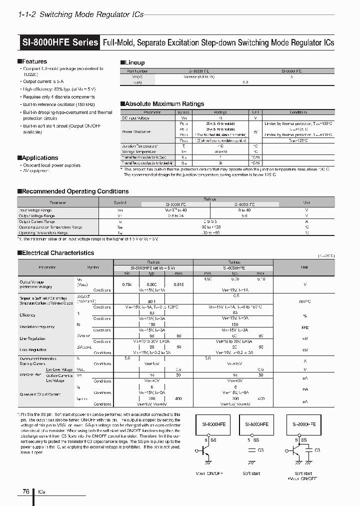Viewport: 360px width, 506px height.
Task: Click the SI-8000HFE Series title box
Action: click(60, 42)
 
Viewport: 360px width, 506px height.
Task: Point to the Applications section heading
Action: click(39, 157)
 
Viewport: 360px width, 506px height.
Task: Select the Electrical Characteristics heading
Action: click(57, 253)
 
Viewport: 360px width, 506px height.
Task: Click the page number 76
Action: click(25, 491)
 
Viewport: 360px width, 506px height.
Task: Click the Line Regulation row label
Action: click(31, 338)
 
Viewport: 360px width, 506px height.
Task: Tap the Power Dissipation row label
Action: click(136, 131)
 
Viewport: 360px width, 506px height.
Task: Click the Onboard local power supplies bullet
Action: click(51, 165)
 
